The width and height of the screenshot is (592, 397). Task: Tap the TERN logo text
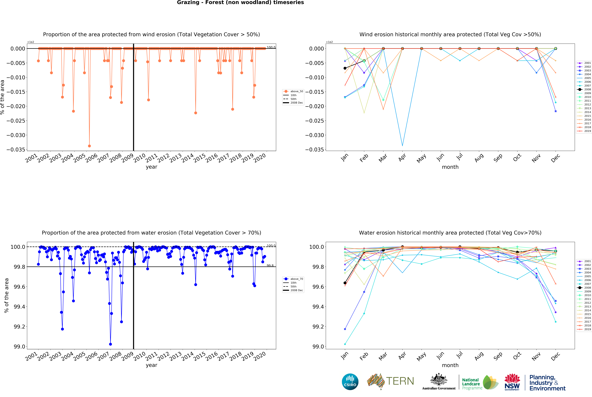[x=400, y=381]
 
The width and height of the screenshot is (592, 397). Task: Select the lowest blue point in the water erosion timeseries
[x=110, y=344]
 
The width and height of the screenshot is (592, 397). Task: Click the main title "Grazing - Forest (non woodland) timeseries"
[x=240, y=3]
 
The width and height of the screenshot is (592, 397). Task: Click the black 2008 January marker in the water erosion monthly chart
[x=345, y=283]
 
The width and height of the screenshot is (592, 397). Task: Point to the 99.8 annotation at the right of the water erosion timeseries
[x=270, y=266]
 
